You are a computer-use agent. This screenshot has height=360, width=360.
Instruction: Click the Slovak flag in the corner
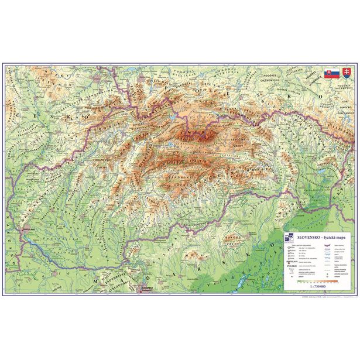click(331, 74)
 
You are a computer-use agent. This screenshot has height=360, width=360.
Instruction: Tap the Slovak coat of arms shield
click(346, 74)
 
